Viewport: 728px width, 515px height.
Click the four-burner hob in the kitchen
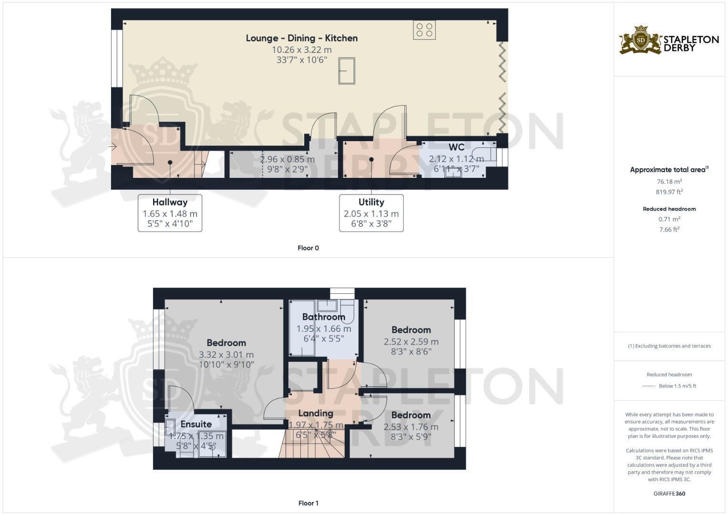424,30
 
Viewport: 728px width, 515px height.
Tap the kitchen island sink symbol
347,71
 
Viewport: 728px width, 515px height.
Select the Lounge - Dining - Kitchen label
301,38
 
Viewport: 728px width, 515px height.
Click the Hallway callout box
170,213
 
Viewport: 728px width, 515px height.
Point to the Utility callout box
371,213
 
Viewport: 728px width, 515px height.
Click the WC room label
456,147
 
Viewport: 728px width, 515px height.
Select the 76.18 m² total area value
669,182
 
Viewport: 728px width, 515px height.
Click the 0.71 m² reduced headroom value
669,219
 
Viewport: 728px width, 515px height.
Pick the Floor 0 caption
308,248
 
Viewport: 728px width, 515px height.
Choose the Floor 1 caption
308,503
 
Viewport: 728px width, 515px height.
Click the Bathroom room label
323,317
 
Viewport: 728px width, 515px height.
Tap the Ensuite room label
196,424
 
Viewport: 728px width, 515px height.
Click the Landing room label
316,413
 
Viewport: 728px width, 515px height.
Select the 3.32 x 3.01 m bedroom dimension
226,355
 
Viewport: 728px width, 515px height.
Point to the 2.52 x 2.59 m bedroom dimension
411,342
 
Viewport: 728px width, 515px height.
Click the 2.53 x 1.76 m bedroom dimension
411,427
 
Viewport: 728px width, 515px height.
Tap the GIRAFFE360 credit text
669,494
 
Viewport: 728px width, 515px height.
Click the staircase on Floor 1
312,443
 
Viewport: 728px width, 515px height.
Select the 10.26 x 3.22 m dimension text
301,50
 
